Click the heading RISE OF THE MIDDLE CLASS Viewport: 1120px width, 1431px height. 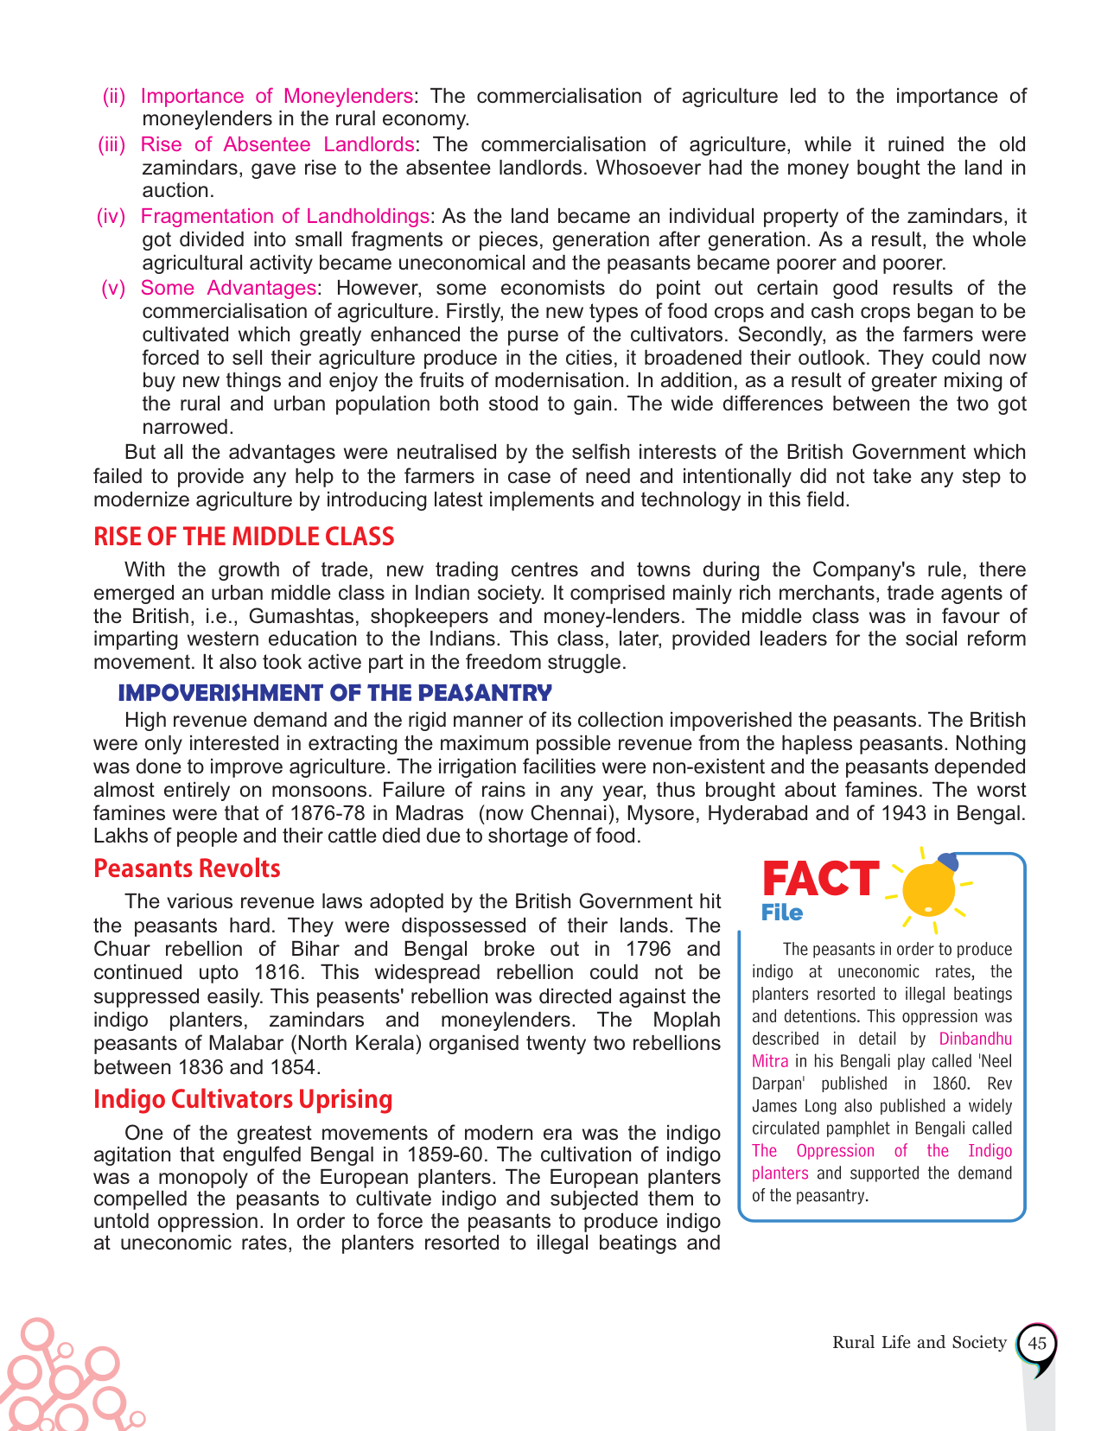coord(244,537)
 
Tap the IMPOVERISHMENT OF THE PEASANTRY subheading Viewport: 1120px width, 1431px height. coord(334,693)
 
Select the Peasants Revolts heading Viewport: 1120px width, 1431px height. coord(187,868)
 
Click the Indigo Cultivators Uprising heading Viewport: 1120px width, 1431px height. coord(243,1099)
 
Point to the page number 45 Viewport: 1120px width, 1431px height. coord(1037,1344)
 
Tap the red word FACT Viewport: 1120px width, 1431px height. coord(820,879)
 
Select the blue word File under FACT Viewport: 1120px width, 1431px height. coord(782,913)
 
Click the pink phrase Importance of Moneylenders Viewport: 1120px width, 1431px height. coord(277,96)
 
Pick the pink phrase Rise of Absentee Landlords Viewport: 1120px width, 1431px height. coord(277,144)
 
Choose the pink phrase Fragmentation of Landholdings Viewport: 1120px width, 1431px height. coord(285,216)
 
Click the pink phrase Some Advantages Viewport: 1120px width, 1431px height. coord(229,288)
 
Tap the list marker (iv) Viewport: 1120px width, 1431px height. coord(111,216)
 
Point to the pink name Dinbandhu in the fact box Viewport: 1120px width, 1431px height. coord(975,1039)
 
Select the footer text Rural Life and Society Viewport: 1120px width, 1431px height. coord(920,1342)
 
